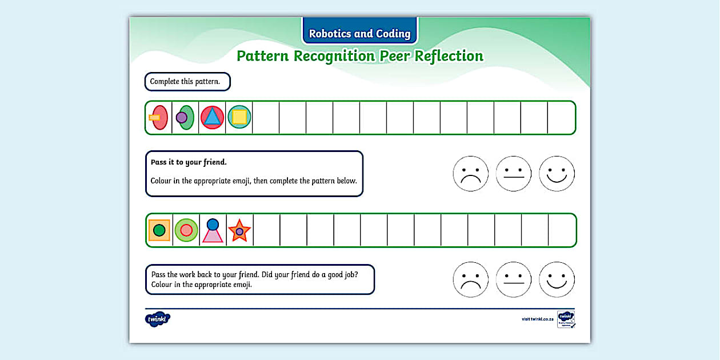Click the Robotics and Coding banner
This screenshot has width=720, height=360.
[359, 33]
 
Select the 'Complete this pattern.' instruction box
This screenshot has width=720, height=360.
[187, 82]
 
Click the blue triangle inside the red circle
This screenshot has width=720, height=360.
[213, 117]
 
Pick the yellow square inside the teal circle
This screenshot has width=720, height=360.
[239, 117]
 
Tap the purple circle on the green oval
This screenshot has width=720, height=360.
[182, 117]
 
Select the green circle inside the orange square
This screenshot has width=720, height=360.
[159, 230]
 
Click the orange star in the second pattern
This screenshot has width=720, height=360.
[239, 231]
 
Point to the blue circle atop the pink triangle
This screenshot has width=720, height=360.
[213, 225]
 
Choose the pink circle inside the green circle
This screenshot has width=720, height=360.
[186, 230]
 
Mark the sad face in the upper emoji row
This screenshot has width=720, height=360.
[470, 174]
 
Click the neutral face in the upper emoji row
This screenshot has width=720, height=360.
[514, 174]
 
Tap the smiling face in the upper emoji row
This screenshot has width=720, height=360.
[557, 174]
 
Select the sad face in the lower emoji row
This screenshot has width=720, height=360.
[470, 280]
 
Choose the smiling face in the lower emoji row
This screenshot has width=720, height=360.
[557, 280]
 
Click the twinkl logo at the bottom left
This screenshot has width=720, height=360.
[158, 319]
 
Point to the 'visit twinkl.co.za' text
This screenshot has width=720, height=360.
[537, 319]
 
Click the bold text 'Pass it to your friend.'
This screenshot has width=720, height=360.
[189, 162]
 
